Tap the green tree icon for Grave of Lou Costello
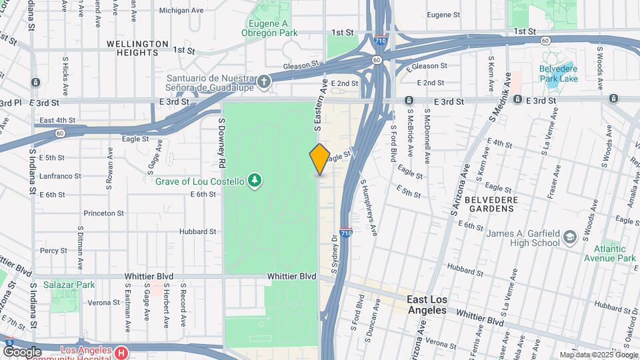[253, 180]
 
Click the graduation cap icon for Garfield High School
[570, 237]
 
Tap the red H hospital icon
[121, 352]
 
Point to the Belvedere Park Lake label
[559, 73]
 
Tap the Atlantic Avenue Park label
[609, 253]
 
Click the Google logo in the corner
[22, 351]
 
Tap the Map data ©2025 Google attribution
[599, 355]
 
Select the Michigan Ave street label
[181, 11]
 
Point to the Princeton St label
[103, 213]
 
